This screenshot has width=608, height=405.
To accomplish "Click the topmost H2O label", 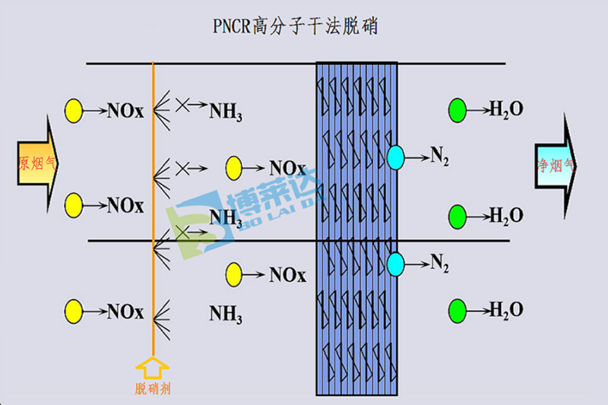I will [x=506, y=109].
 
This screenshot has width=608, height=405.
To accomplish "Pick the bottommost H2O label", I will [x=506, y=310].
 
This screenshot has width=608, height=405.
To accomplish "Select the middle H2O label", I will [x=506, y=215].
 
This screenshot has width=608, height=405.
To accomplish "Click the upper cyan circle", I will [x=395, y=158].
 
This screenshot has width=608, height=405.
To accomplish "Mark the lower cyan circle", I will [x=395, y=264].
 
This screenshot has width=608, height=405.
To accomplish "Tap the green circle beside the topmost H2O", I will [x=458, y=109].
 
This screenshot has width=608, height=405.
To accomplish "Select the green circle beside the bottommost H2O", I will [x=458, y=310].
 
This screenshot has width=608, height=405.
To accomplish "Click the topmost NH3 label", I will [x=226, y=112].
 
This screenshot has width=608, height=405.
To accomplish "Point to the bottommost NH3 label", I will [x=226, y=313].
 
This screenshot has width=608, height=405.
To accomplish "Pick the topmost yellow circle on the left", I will [x=74, y=110].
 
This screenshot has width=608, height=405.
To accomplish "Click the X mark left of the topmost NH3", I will [x=182, y=104].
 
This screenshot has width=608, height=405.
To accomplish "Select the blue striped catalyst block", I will [x=357, y=228].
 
